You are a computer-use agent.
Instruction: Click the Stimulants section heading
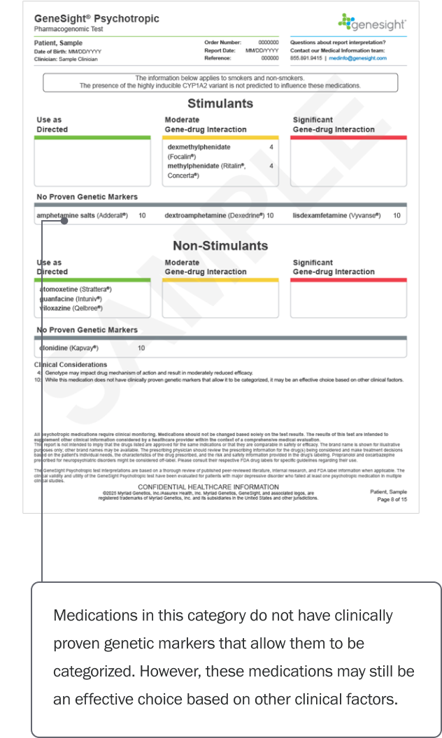[220, 103]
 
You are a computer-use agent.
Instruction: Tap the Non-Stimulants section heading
[220, 245]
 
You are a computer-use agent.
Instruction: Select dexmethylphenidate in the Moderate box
[199, 147]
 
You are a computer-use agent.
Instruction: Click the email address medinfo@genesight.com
[368, 59]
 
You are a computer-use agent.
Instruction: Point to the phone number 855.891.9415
[306, 59]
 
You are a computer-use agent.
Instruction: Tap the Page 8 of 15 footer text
[392, 500]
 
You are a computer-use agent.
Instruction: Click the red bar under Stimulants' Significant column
[348, 138]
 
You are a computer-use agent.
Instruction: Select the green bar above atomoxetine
[92, 280]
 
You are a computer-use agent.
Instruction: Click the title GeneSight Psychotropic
[97, 19]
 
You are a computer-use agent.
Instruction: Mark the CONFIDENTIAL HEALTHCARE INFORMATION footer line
[208, 486]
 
